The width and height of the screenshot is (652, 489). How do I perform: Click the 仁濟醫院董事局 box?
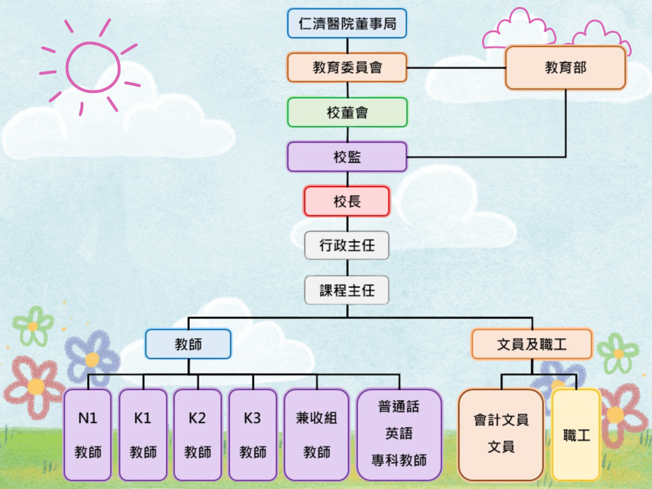(347, 24)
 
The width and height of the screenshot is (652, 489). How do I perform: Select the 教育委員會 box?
(347, 67)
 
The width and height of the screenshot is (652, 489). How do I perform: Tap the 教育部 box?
(565, 67)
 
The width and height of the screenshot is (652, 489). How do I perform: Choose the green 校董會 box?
(347, 112)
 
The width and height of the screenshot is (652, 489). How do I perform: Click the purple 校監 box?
(347, 157)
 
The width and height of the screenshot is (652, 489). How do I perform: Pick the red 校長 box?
(347, 201)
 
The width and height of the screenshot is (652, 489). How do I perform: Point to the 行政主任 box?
(347, 245)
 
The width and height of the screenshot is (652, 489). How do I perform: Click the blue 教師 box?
(188, 344)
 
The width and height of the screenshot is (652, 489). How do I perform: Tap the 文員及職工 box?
(532, 344)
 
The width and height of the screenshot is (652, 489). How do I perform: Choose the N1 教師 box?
(88, 435)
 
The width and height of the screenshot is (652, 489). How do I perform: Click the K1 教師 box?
(143, 435)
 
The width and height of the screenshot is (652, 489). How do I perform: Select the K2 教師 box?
(198, 435)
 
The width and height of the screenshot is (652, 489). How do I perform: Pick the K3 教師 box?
(253, 435)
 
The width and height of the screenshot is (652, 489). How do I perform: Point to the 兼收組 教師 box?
(317, 435)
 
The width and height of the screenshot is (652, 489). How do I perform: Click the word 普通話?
(399, 407)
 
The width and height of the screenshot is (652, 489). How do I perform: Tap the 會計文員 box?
(501, 435)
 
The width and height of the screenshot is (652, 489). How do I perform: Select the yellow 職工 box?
(576, 435)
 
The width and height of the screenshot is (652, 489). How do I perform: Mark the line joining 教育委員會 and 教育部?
(456, 67)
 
